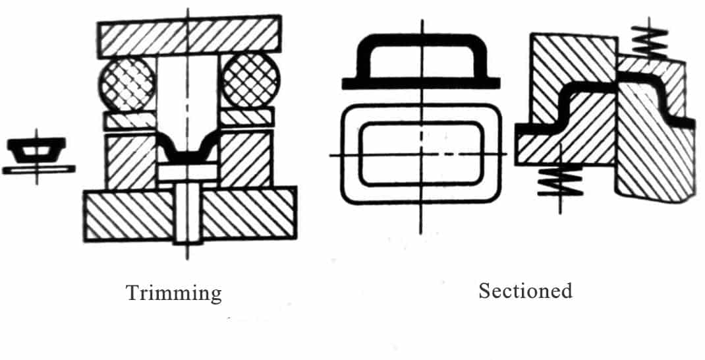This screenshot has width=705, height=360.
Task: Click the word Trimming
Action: coord(174,294)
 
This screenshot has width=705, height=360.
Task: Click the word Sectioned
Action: coord(525,291)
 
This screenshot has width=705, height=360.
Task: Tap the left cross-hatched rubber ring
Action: coord(127,83)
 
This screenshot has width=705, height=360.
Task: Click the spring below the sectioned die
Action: coord(560,180)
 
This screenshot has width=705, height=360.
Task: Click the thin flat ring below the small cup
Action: coord(38,169)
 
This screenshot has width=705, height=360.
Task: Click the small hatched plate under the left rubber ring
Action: coord(130,121)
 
